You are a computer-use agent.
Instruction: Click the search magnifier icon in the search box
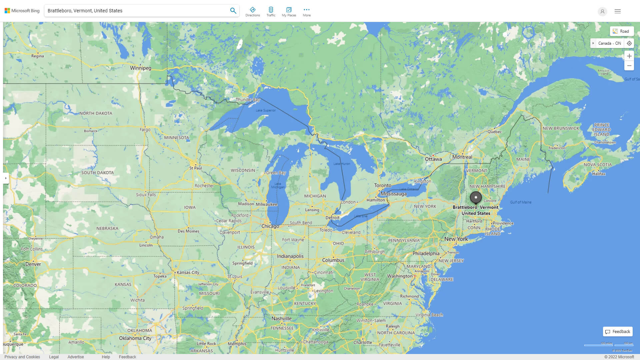coord(233,11)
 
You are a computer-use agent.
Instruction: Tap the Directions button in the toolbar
coord(253,12)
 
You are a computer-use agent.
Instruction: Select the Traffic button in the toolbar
coord(271,12)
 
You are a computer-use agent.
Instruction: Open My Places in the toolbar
coord(289,12)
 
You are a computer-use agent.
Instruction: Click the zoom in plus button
coord(629,56)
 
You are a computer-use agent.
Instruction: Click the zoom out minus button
coord(629,66)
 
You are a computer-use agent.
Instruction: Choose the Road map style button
coord(622,31)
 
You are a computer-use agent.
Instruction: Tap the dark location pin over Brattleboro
coord(476,197)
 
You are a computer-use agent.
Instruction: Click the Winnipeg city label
coord(140,68)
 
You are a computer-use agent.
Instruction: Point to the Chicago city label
coord(270,226)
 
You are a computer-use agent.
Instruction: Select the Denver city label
coord(33,264)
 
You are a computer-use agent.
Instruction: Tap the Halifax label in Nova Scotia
coord(599,174)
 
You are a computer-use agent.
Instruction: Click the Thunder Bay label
coord(248,100)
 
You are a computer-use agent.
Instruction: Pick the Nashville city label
coord(281,319)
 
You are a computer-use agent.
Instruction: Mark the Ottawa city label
coord(433,159)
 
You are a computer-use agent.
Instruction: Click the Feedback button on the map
coord(618,332)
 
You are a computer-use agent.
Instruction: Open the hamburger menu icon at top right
coord(618,11)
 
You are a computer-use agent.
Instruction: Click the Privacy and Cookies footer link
coord(22,357)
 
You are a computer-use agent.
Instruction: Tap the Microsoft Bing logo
coord(22,11)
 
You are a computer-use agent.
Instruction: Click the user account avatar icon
coord(602,11)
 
